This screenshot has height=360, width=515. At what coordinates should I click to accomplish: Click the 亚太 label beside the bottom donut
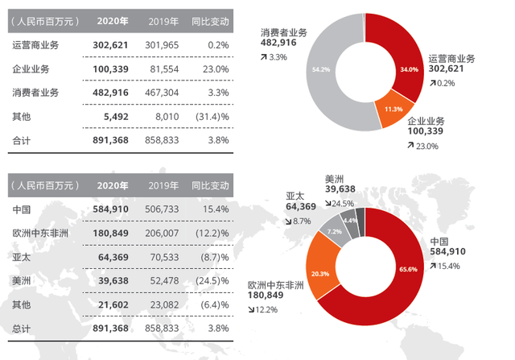pos(295,195)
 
